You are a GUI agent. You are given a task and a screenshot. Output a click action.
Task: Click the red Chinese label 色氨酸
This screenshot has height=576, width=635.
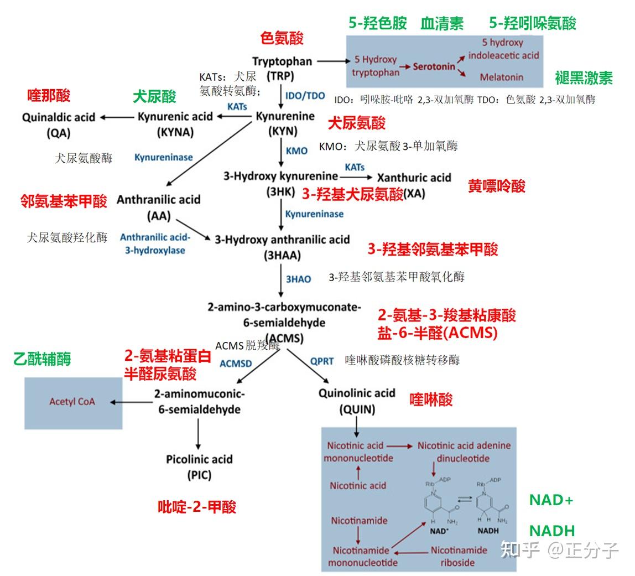point(282,38)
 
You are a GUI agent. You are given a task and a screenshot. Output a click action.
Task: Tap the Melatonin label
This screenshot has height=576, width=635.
point(501,77)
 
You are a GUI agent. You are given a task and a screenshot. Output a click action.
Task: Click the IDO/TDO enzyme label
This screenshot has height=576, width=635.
point(305,95)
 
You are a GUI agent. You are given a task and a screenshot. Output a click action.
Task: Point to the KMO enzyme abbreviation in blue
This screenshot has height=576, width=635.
point(296,151)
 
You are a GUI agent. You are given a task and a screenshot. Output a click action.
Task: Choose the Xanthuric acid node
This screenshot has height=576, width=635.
point(414,178)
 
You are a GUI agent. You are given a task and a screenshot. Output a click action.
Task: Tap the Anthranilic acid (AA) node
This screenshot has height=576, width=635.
point(158,207)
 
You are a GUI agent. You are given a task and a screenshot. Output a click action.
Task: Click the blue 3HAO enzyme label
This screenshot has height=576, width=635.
point(298,279)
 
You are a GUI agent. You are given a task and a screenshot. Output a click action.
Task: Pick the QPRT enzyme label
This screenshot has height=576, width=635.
point(321,361)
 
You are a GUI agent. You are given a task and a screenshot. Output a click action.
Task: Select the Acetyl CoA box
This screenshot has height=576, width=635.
point(72,402)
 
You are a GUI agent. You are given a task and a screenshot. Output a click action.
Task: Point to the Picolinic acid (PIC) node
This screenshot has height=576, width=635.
point(199,466)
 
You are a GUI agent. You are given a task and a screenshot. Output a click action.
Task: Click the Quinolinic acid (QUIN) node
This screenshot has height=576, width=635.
point(357,401)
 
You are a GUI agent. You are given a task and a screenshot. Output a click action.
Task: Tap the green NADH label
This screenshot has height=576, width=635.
point(552,531)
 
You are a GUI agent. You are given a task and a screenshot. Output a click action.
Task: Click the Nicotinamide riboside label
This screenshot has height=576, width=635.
point(459,556)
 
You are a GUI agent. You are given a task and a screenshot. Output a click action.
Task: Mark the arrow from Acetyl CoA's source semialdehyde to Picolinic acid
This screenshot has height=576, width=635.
point(197,434)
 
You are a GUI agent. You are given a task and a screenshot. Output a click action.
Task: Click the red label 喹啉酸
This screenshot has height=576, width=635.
point(431,400)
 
